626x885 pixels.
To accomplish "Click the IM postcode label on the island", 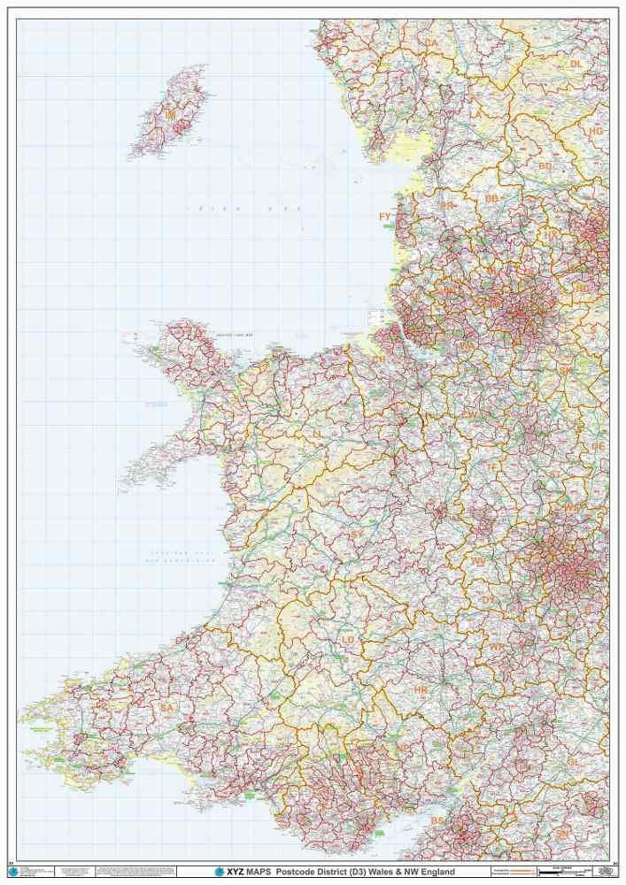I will [x=170, y=115].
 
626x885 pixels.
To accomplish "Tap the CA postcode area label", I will [x=431, y=42].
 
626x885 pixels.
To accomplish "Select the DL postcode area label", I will [x=576, y=64].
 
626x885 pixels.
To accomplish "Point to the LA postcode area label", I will [x=475, y=114].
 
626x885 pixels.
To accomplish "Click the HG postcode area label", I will [x=595, y=131].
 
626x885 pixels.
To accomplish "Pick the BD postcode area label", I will [x=545, y=165].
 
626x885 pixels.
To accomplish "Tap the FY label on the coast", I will [x=384, y=216].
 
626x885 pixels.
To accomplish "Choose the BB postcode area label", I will [x=491, y=199].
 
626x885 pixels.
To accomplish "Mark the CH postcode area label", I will [x=379, y=360].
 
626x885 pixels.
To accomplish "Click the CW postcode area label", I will [x=471, y=414].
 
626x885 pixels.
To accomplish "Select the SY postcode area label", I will [x=355, y=534].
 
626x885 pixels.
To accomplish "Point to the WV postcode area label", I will [x=478, y=561].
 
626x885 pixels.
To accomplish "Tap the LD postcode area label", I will [x=348, y=639].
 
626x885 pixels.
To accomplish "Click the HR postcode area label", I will [x=421, y=689].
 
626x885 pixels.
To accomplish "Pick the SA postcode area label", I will [x=166, y=708].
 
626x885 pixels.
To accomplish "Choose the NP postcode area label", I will [x=403, y=748].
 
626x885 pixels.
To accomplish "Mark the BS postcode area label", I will [x=437, y=821].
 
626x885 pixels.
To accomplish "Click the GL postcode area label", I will [x=573, y=761].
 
